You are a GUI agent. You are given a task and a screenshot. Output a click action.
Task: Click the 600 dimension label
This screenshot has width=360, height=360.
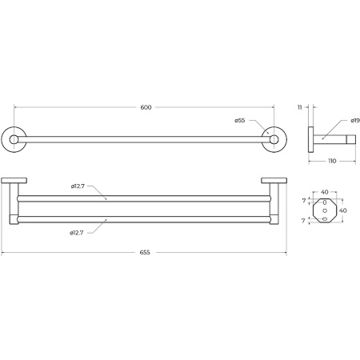(x=146, y=107)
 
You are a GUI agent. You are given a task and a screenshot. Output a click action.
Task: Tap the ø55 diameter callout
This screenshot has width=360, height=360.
(x=239, y=120)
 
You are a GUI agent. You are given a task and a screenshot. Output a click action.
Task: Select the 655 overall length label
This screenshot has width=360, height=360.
(x=145, y=251)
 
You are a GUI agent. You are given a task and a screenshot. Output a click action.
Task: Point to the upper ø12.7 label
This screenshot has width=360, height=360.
(x=78, y=187)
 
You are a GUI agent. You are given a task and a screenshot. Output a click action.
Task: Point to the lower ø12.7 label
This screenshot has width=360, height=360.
(x=78, y=233)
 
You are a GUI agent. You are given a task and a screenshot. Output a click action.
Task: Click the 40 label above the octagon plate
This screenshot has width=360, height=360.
(x=325, y=192)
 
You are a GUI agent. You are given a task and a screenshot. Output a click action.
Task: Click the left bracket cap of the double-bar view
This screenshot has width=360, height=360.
(x=14, y=180)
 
